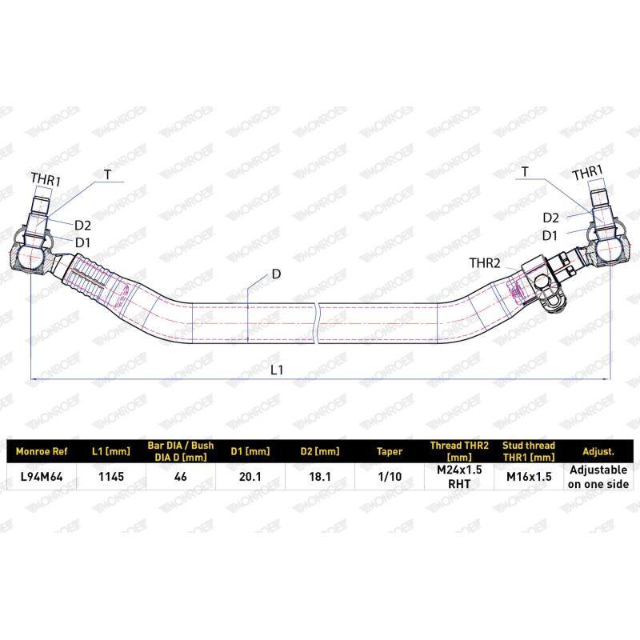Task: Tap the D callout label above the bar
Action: tap(276, 274)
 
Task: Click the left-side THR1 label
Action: tap(45, 180)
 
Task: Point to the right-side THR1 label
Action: tap(587, 174)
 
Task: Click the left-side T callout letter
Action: tap(107, 174)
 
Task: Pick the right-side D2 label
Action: tap(550, 217)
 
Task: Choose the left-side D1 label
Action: tap(83, 242)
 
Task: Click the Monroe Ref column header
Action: tap(41, 451)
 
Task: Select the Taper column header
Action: tap(390, 451)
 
